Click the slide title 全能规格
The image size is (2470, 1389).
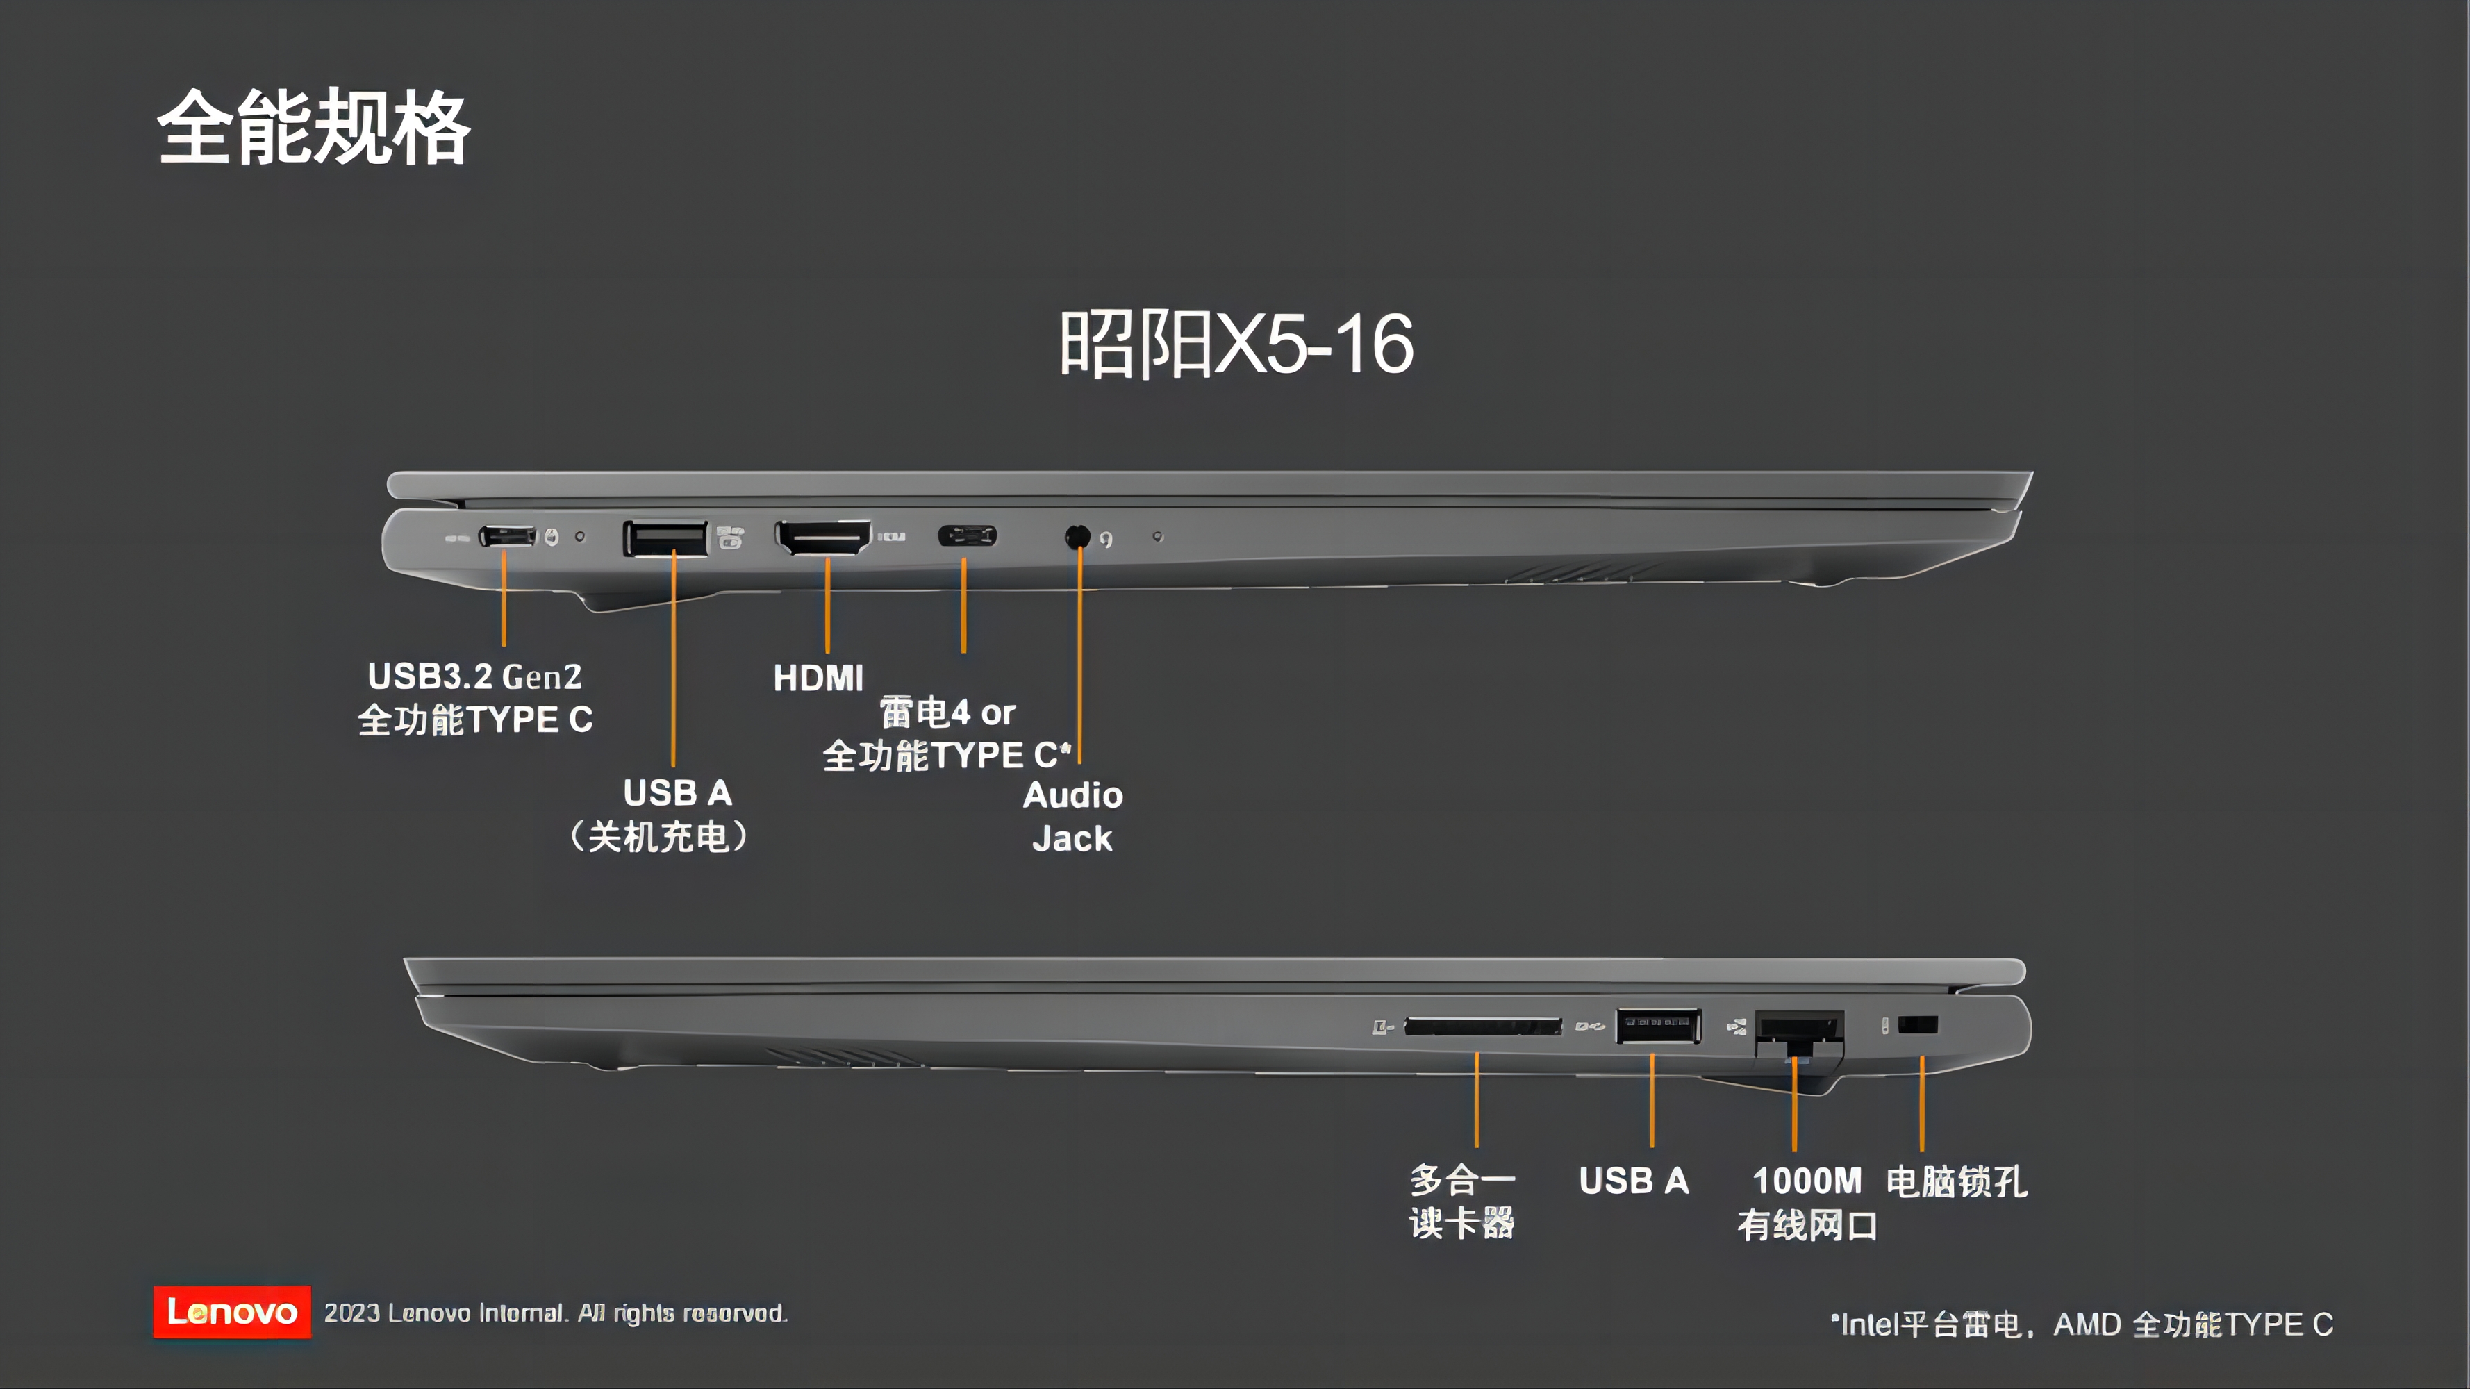[313, 128]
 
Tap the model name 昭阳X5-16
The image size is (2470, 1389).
[1236, 343]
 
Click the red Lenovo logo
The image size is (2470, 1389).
[231, 1311]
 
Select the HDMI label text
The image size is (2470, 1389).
[818, 679]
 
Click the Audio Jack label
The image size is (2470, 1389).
[1072, 817]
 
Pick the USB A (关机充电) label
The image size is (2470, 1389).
[661, 815]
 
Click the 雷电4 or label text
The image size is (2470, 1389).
[947, 713]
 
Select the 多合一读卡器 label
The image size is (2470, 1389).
[1461, 1201]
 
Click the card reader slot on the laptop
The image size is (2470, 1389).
[1482, 1026]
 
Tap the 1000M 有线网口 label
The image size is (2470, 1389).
[1807, 1202]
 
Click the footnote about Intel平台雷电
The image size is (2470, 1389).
[2081, 1324]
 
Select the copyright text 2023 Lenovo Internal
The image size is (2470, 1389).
[555, 1313]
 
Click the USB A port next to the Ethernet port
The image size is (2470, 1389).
[1658, 1025]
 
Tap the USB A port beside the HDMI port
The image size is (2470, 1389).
[665, 538]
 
